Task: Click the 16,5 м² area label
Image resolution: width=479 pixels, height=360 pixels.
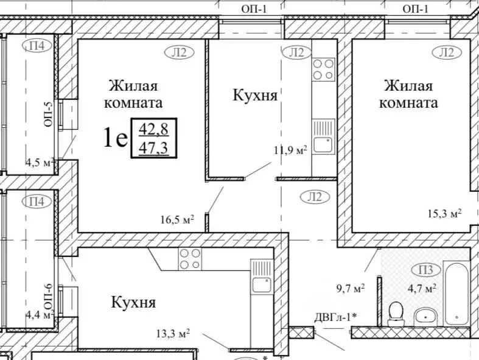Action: click(x=177, y=220)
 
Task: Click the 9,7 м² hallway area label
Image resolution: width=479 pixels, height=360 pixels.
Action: click(x=350, y=288)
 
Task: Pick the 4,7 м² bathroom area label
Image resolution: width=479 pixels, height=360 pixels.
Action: click(x=422, y=288)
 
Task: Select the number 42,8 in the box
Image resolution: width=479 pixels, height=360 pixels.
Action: click(x=154, y=129)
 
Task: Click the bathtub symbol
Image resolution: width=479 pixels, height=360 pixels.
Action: click(x=456, y=292)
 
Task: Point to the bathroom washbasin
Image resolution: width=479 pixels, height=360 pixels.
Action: click(x=425, y=316)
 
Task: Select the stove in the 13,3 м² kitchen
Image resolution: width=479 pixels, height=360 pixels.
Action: click(x=189, y=258)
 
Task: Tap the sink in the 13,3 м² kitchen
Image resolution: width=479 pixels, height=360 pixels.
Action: click(x=262, y=284)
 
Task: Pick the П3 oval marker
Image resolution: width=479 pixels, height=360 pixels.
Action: click(x=425, y=270)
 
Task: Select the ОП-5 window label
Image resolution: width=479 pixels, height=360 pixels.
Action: click(x=49, y=113)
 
